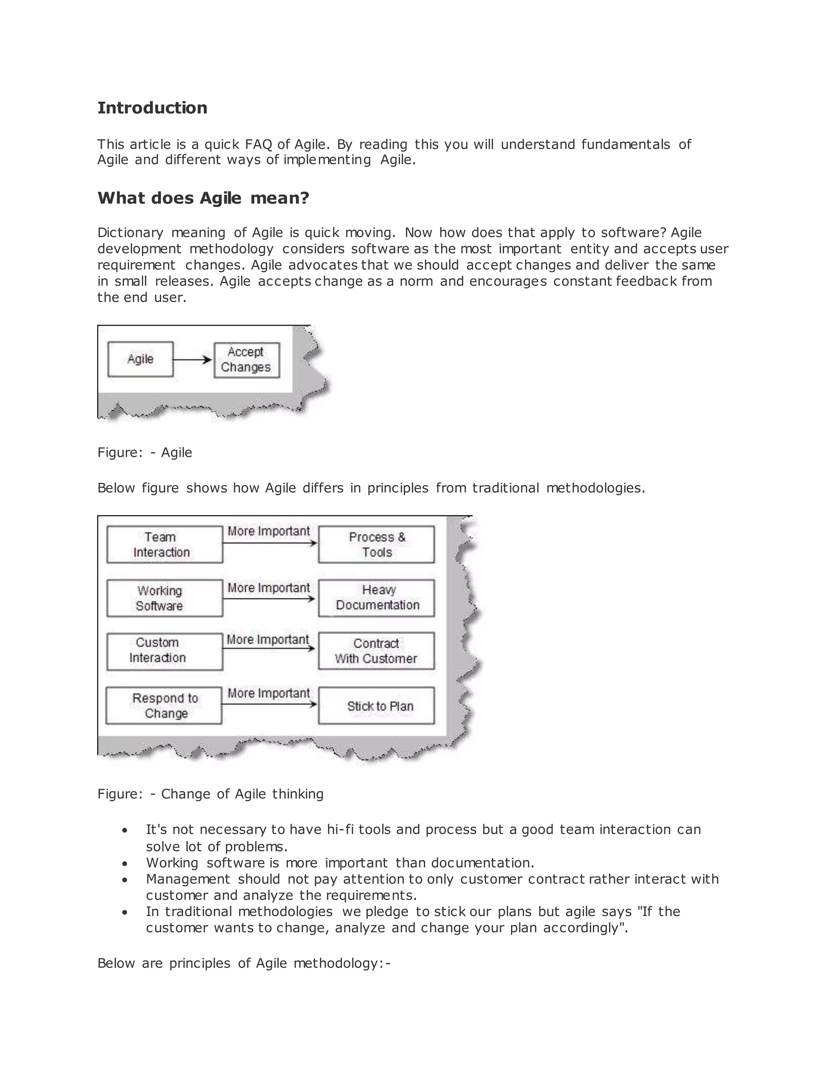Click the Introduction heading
point(152,108)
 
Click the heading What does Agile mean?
point(203,198)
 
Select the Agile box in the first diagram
point(140,359)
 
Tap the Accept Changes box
point(246,360)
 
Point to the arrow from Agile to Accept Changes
point(193,360)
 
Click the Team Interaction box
point(165,544)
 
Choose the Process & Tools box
point(376,544)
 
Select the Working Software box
point(165,598)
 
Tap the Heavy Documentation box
point(376,598)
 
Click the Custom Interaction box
point(165,651)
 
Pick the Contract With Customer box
point(376,651)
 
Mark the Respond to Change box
point(164,705)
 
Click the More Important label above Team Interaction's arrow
point(269,532)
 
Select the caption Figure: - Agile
point(144,452)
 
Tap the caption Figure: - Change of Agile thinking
point(211,793)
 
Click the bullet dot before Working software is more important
point(125,863)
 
